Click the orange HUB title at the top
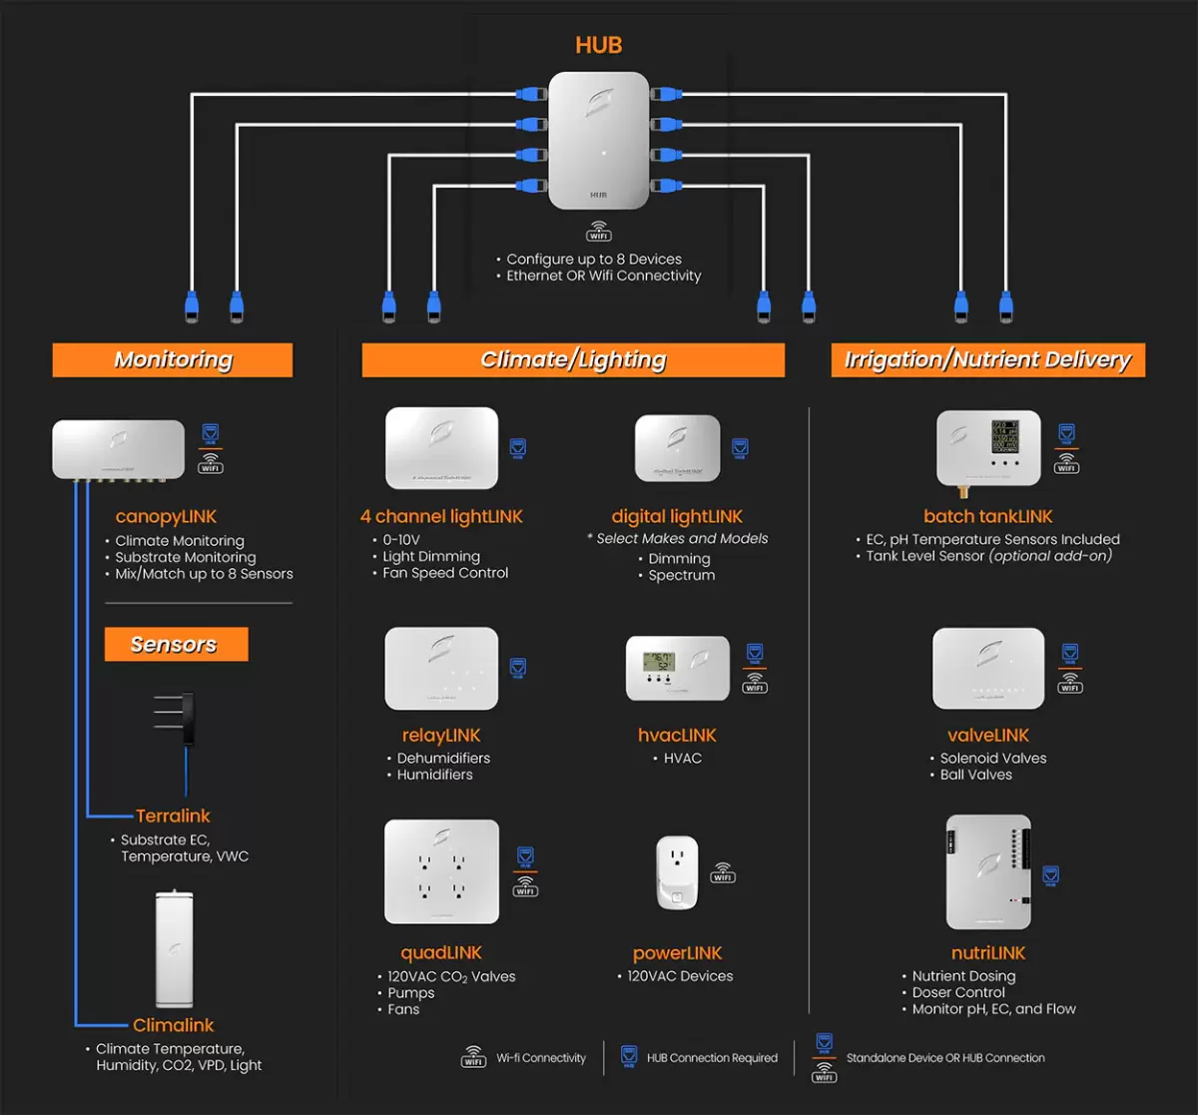(599, 45)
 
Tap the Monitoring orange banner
(173, 360)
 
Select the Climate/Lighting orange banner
(573, 360)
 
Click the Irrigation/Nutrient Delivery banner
(987, 360)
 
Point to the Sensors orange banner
(175, 645)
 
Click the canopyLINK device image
(118, 449)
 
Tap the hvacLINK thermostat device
(678, 668)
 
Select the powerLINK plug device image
(678, 872)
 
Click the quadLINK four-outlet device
(441, 871)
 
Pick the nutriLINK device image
(988, 871)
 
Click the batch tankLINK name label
(988, 516)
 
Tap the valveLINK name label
(988, 735)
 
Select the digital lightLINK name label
(677, 516)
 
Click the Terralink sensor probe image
(180, 719)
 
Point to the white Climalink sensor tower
(174, 948)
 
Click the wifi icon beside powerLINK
(723, 872)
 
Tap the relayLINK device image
(441, 668)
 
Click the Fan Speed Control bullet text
(445, 573)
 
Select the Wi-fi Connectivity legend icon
(474, 1057)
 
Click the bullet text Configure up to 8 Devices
(593, 260)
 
